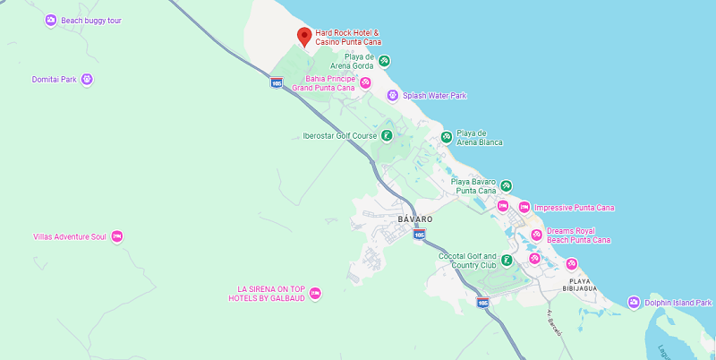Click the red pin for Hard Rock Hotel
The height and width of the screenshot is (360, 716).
[304, 37]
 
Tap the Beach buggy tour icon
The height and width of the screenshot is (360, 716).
[51, 20]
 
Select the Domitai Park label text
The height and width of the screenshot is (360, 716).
[55, 80]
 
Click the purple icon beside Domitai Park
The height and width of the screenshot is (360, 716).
[87, 80]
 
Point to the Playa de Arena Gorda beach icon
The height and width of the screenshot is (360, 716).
[384, 61]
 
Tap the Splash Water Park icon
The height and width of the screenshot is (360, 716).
[392, 96]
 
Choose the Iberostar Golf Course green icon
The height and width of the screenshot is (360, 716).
[386, 136]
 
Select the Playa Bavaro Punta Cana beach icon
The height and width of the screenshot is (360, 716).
[506, 185]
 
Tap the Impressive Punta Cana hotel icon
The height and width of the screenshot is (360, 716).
[524, 208]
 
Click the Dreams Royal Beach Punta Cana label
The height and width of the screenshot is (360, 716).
[578, 236]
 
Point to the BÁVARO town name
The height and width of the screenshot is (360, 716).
[414, 219]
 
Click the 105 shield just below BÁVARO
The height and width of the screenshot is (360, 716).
[419, 235]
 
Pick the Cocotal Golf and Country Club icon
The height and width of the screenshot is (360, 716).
[507, 261]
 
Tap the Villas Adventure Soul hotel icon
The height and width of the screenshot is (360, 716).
[116, 237]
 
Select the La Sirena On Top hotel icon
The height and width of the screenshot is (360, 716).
[314, 294]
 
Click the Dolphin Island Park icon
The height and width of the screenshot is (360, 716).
[634, 303]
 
